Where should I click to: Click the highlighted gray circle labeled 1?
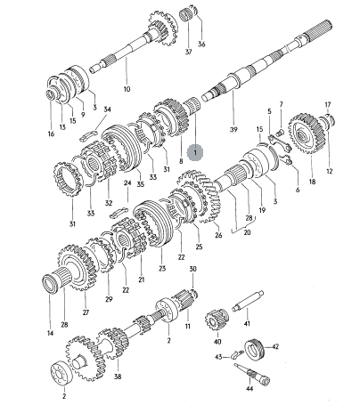tap(195, 153)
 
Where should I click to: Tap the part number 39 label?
tap(233, 130)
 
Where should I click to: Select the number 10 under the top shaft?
tap(127, 89)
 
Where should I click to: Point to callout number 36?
tap(201, 45)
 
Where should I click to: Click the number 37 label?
tap(189, 52)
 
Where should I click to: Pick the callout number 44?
tap(250, 397)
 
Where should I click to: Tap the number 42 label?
tap(275, 346)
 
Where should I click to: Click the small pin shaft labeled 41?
tap(248, 301)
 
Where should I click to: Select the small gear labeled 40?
tap(217, 320)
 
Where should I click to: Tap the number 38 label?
tap(118, 377)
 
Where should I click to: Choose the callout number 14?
tap(50, 333)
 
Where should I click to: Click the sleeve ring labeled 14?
tap(50, 284)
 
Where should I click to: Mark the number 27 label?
tap(86, 312)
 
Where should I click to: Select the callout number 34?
tap(107, 109)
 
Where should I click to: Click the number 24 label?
tap(127, 183)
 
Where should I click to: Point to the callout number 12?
tap(329, 171)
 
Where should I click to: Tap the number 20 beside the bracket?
tap(247, 232)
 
